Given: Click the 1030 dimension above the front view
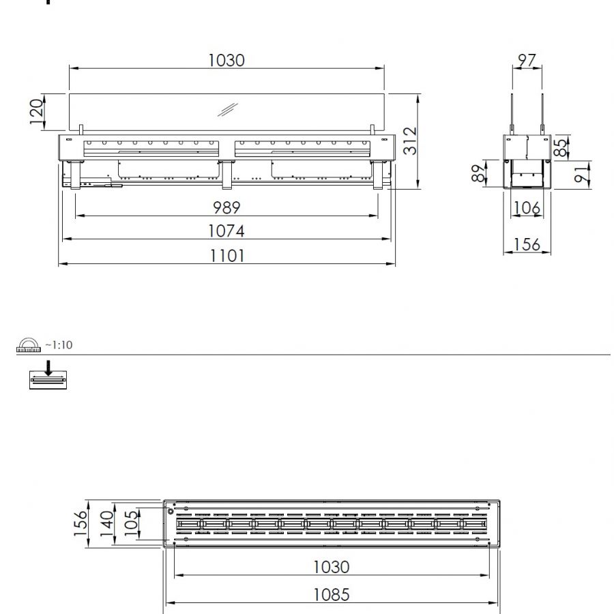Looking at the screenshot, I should (x=226, y=60).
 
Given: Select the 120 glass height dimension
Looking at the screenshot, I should (x=36, y=111).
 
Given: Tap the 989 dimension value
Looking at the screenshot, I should (x=226, y=207).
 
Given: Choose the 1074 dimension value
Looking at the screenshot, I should (x=226, y=231).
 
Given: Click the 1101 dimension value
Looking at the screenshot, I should (x=226, y=256).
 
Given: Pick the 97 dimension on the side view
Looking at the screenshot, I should (x=527, y=60).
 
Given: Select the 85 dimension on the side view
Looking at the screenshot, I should (x=561, y=148).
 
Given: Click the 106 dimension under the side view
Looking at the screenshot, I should (x=527, y=207).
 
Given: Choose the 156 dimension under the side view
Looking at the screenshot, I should (x=527, y=244).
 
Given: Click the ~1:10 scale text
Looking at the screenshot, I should (x=59, y=345).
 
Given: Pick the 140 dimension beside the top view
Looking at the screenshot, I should (x=106, y=524).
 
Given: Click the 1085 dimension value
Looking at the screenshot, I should (x=331, y=594).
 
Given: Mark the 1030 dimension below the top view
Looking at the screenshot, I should (x=331, y=566).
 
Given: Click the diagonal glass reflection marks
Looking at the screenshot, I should (x=228, y=110).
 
